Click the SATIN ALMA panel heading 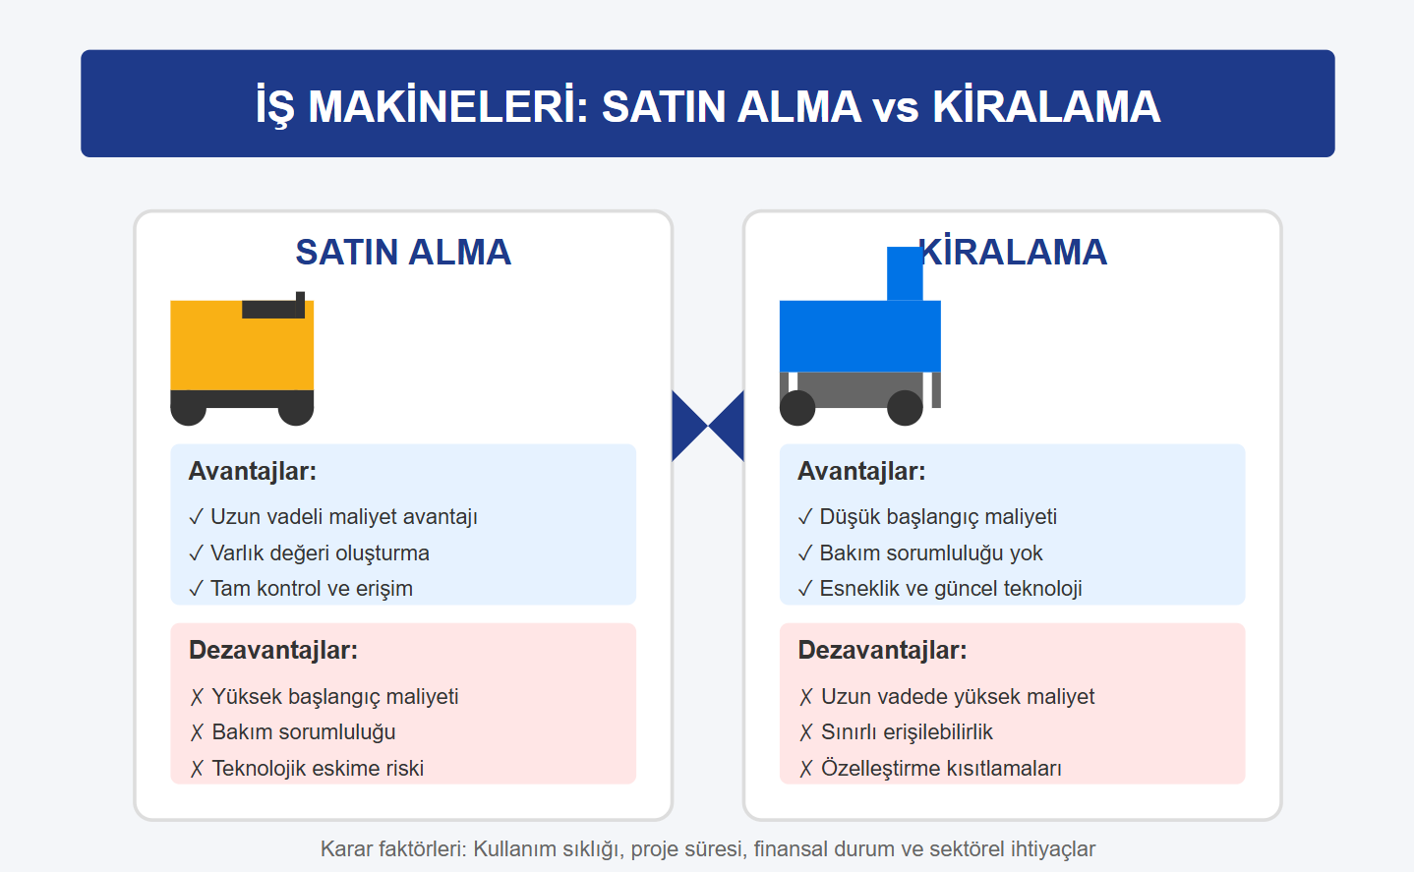(403, 253)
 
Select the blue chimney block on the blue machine (905, 274)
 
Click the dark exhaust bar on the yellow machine (272, 309)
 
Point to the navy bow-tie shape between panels (708, 426)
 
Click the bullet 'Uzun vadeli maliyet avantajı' (332, 517)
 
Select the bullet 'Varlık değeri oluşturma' (309, 552)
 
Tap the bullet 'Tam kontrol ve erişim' (301, 589)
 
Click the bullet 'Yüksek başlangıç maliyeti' (324, 697)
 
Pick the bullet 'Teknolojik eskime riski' (307, 769)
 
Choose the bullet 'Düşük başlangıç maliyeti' (927, 517)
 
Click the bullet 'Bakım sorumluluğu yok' (920, 552)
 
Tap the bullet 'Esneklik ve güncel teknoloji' (940, 589)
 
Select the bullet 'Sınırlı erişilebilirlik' (896, 732)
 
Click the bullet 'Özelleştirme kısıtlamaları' (930, 769)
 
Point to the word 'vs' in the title (897, 107)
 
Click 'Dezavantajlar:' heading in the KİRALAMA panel (882, 651)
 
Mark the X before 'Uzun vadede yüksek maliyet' (806, 697)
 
